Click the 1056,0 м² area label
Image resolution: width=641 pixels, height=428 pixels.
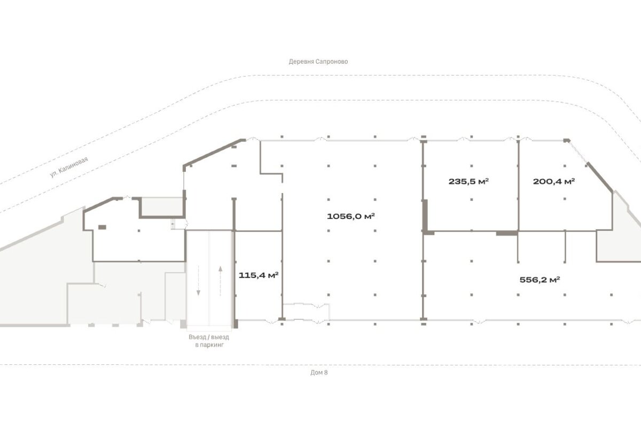pyautogui.click(x=351, y=216)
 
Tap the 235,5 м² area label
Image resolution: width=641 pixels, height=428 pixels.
pyautogui.click(x=468, y=181)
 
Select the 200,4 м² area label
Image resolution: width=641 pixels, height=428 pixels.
pyautogui.click(x=554, y=181)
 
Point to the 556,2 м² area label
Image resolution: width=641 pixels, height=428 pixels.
pyautogui.click(x=540, y=279)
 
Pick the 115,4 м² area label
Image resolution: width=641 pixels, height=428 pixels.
pyautogui.click(x=259, y=275)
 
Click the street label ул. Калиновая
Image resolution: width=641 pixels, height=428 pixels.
pyautogui.click(x=69, y=167)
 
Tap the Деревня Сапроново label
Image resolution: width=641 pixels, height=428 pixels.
pyautogui.click(x=318, y=62)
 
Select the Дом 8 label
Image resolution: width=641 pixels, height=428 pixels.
pyautogui.click(x=319, y=372)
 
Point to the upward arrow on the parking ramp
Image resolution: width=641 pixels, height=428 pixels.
pyautogui.click(x=220, y=281)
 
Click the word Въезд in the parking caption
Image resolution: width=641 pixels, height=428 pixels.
pyautogui.click(x=197, y=337)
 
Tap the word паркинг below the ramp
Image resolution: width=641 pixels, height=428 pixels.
pyautogui.click(x=212, y=345)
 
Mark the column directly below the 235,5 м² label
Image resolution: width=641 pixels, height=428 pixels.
pyautogui.click(x=472, y=199)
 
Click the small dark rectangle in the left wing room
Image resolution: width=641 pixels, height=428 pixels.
pyautogui.click(x=102, y=227)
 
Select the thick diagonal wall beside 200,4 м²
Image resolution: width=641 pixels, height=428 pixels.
pyautogui.click(x=600, y=178)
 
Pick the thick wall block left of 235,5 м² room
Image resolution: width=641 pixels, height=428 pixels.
pyautogui.click(x=426, y=216)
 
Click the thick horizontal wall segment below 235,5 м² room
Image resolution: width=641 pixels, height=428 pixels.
pyautogui.click(x=507, y=233)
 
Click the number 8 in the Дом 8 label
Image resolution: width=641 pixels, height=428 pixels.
pyautogui.click(x=326, y=372)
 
